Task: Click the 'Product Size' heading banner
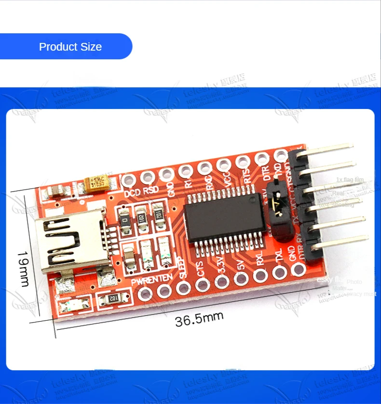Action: [x=70, y=47]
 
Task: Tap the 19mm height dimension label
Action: [x=23, y=268]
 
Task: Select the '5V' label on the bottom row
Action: [x=241, y=264]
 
